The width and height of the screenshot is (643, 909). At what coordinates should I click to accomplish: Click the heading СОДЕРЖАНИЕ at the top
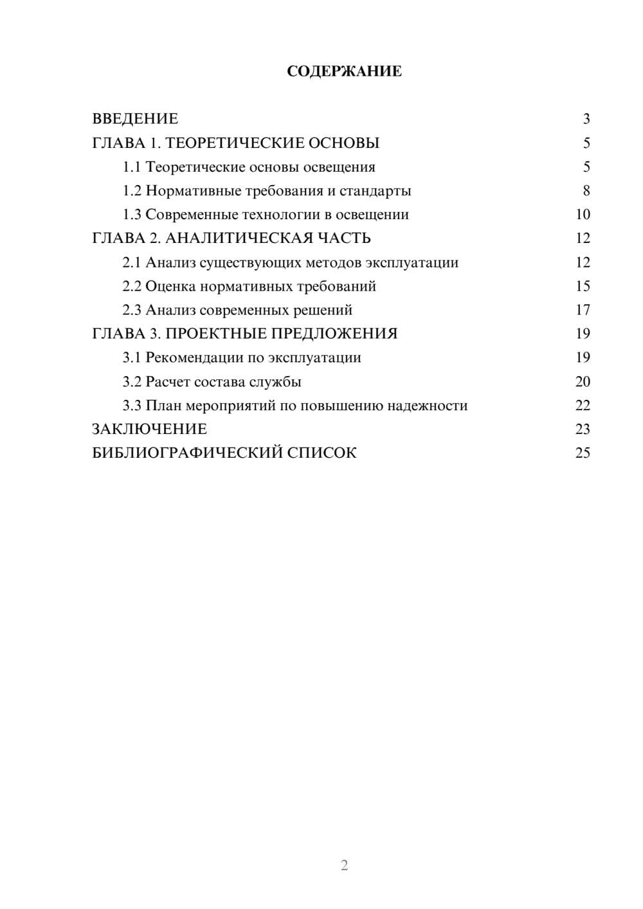click(344, 71)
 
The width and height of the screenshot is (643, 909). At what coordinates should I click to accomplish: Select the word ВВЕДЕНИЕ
click(135, 119)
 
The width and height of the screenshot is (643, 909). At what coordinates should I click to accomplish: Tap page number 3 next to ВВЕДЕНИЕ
click(586, 119)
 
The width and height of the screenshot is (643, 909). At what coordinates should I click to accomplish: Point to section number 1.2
click(132, 191)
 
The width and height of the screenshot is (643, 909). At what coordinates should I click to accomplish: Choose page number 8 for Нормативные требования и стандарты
click(586, 191)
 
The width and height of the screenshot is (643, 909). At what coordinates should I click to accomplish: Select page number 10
click(583, 215)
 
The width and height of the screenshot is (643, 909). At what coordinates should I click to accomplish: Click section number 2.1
click(132, 262)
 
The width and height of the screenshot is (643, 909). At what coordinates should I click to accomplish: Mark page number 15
click(583, 286)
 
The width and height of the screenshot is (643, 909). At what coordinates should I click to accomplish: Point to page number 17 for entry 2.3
click(583, 310)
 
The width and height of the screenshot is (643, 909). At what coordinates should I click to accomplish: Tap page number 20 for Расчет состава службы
click(583, 382)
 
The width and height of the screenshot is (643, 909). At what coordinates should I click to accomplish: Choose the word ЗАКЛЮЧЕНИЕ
click(149, 429)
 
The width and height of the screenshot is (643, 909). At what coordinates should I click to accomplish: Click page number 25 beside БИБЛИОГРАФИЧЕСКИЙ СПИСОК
click(583, 453)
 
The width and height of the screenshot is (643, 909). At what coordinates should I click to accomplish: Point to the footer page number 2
click(344, 865)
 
